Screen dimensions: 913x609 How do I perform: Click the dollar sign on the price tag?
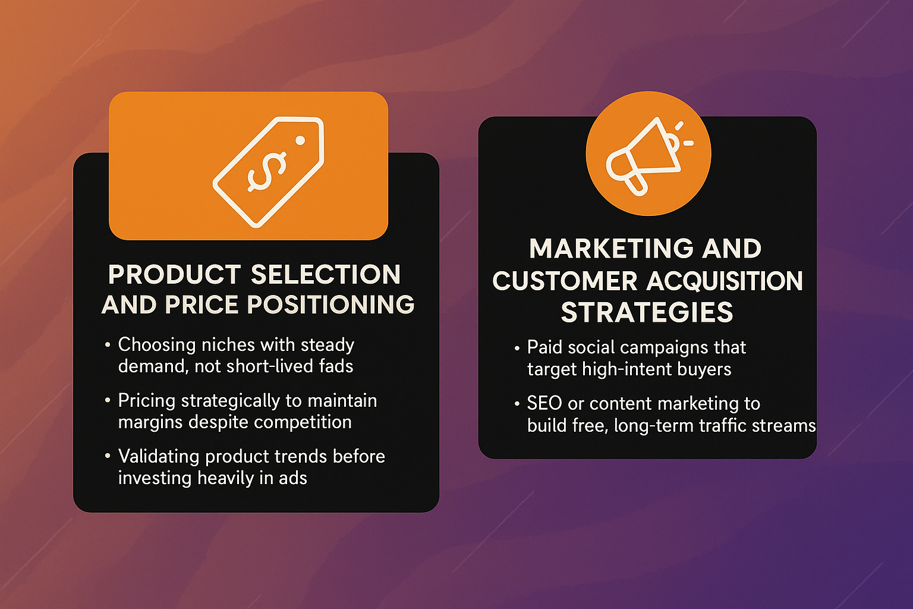(x=267, y=172)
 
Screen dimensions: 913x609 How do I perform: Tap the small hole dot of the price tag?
(x=300, y=140)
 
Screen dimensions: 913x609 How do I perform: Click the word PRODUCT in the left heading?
(x=174, y=274)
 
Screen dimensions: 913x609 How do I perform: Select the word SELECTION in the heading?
(x=326, y=274)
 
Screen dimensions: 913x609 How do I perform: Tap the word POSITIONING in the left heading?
(x=330, y=304)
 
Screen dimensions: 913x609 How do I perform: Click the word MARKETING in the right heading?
(x=611, y=248)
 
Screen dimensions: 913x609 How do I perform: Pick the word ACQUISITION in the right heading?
(x=725, y=281)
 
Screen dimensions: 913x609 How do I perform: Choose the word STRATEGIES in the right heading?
(x=647, y=312)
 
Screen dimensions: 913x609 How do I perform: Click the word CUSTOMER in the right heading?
(x=565, y=281)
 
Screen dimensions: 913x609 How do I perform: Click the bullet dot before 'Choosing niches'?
(x=108, y=345)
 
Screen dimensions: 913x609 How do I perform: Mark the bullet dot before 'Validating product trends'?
(x=108, y=456)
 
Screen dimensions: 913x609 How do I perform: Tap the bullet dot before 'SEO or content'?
(x=517, y=404)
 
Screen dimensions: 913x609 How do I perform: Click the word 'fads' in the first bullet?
(x=336, y=366)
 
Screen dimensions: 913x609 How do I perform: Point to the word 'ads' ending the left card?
(x=292, y=478)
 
